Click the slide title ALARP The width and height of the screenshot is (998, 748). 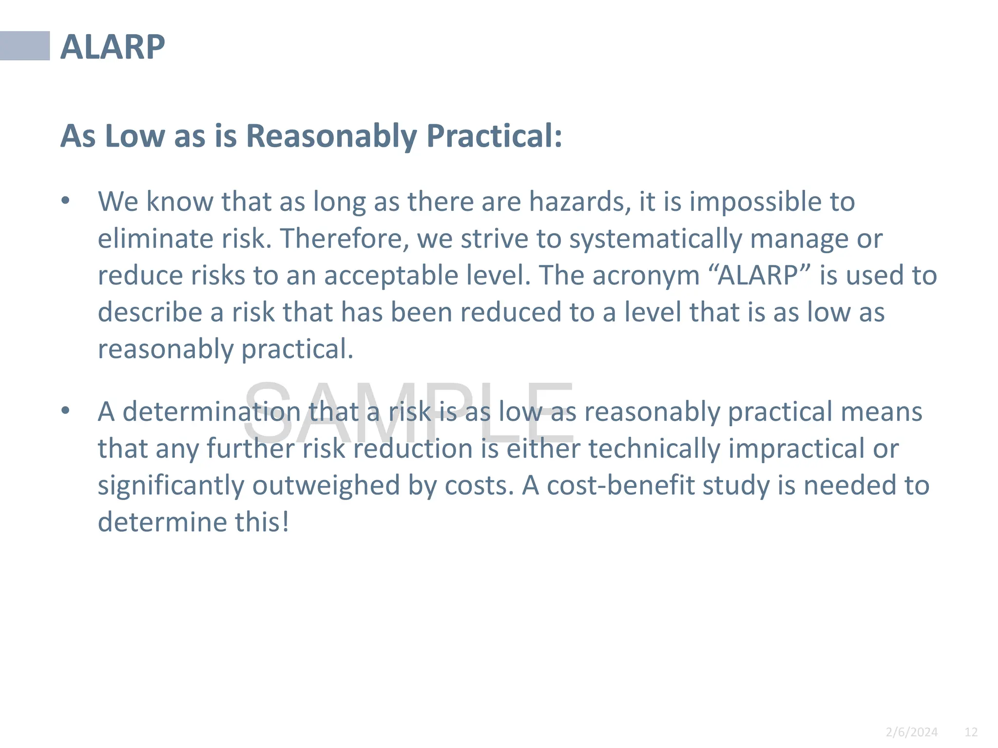[113, 47]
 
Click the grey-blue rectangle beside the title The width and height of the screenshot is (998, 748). [25, 46]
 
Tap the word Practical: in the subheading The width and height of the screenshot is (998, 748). [494, 136]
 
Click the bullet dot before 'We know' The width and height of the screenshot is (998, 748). [66, 201]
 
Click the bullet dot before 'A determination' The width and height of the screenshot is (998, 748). [66, 411]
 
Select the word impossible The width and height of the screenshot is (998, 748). [753, 202]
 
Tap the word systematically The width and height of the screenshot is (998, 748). [655, 240]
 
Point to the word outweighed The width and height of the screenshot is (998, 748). [326, 486]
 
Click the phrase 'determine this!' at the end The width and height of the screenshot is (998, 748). [193, 522]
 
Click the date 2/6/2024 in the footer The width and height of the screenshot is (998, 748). [911, 732]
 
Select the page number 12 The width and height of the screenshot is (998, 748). [971, 732]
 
